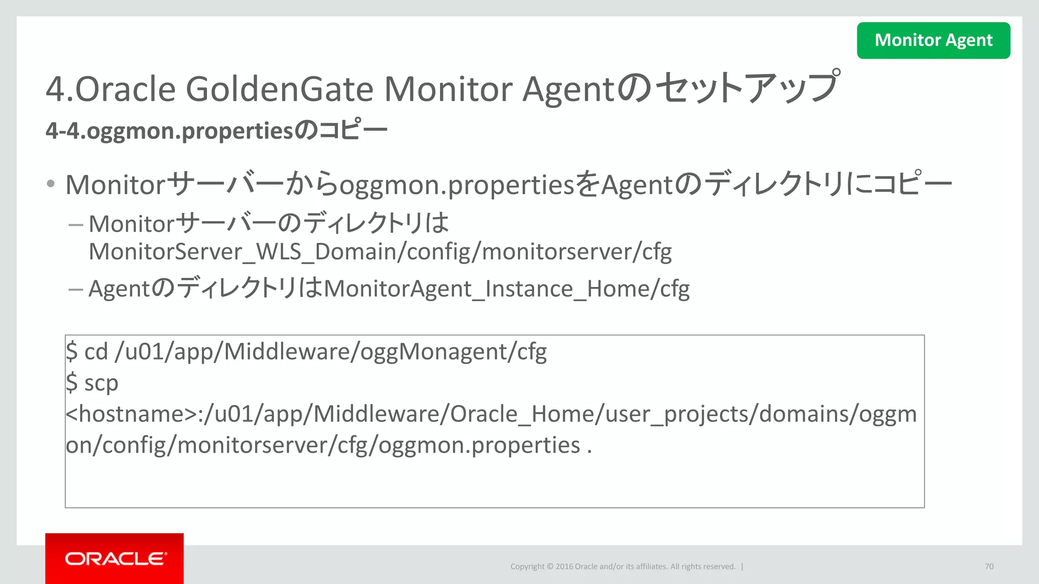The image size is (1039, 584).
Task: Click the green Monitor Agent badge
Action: (x=933, y=40)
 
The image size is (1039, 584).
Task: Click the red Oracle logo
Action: (x=115, y=558)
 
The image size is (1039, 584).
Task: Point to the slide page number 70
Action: (x=989, y=566)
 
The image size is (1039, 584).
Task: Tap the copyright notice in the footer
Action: (x=622, y=566)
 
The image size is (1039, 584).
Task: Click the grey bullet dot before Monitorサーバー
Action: (x=50, y=184)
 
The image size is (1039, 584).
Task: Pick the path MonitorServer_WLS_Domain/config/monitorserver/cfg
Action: (x=380, y=251)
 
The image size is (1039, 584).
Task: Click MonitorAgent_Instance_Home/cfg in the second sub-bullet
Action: (x=507, y=289)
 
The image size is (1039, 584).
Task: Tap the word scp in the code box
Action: (x=101, y=383)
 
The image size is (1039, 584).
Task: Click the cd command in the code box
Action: (x=96, y=352)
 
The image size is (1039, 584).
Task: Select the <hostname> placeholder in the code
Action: (x=131, y=414)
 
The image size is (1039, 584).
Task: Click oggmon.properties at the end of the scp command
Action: (x=479, y=445)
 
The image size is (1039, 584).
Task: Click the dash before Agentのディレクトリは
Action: (x=76, y=289)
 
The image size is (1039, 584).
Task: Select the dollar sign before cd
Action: (x=72, y=352)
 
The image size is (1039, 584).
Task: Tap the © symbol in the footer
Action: (x=549, y=566)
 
